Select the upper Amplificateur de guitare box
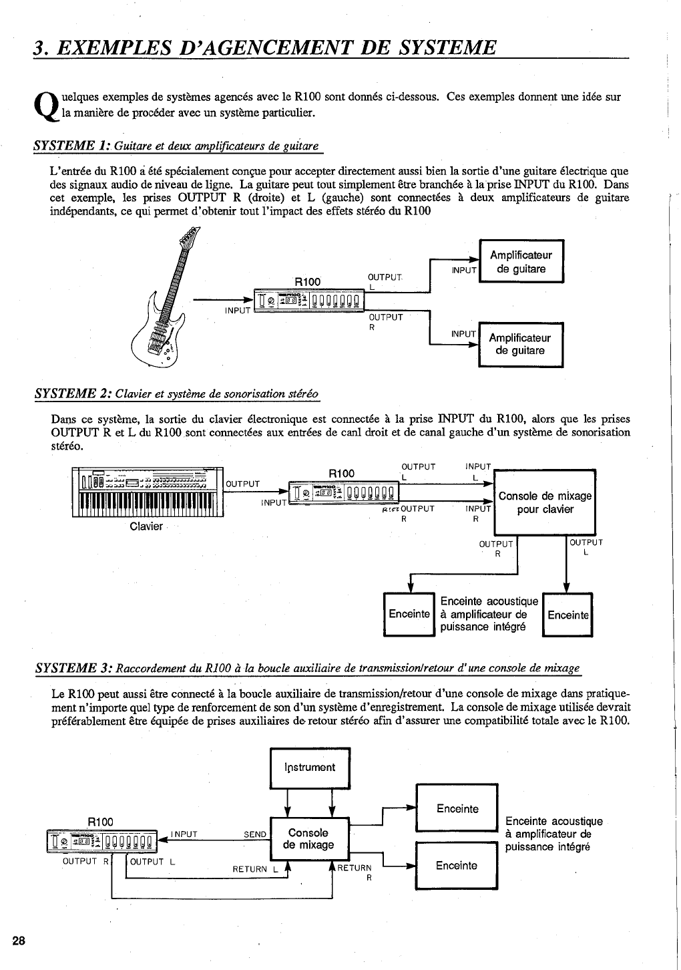coord(521,262)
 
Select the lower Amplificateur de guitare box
coord(521,345)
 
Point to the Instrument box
coord(310,768)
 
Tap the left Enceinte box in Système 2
coord(409,614)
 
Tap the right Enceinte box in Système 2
coord(567,615)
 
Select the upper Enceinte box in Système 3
coord(457,809)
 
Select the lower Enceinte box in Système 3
coord(457,866)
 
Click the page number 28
coord(18,941)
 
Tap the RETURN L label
coord(254,869)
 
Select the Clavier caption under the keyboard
coord(146,526)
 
